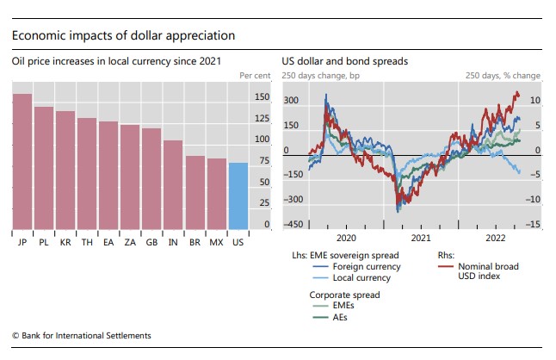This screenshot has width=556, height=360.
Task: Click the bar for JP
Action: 22,162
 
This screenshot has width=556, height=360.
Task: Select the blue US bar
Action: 238,196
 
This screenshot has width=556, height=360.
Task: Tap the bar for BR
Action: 195,193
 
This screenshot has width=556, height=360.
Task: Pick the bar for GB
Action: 151,179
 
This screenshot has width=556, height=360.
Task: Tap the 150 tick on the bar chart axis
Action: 262,96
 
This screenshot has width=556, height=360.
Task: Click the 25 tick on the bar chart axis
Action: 263,203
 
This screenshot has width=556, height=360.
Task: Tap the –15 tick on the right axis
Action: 534,225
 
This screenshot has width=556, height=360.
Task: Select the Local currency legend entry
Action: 355,278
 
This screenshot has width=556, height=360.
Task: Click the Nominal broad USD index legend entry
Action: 487,272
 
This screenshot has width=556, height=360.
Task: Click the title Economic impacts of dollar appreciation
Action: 123,36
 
